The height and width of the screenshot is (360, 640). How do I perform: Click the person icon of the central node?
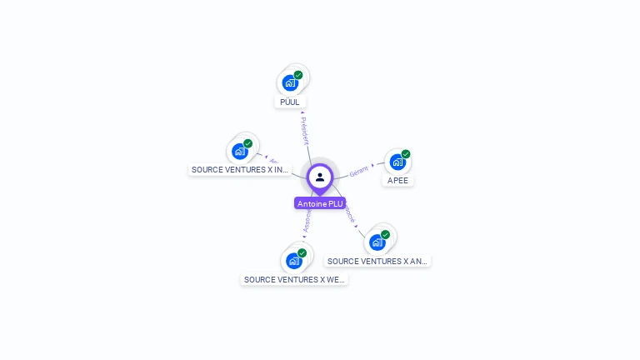tap(320, 177)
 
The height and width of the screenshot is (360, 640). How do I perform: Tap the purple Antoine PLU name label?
tap(320, 203)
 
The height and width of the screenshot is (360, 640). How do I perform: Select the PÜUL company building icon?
tap(289, 83)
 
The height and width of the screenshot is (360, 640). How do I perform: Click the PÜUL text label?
tap(290, 102)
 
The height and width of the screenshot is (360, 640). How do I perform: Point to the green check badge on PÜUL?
tap(298, 75)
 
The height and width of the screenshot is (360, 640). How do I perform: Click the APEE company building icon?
tap(397, 162)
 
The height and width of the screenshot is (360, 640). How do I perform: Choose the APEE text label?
tap(398, 180)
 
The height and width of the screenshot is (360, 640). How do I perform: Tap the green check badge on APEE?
tap(406, 154)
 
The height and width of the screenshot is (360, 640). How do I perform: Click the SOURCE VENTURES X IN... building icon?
tap(239, 151)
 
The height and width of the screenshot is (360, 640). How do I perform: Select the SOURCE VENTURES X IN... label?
tap(240, 169)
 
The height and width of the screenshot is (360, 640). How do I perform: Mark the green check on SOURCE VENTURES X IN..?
tap(248, 143)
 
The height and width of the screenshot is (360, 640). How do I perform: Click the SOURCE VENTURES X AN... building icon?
tap(377, 242)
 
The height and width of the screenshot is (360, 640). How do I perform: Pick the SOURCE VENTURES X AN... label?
tap(377, 261)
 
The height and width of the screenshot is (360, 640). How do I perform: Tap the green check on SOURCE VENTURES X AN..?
tap(385, 235)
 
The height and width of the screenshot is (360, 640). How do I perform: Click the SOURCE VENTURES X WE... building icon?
tap(293, 261)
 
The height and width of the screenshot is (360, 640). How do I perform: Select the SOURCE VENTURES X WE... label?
tap(294, 279)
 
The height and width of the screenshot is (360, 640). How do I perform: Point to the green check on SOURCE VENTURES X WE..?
tap(302, 253)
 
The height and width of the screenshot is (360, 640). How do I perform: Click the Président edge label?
tap(304, 131)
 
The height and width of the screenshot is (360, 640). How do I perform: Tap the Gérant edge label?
tap(359, 171)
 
